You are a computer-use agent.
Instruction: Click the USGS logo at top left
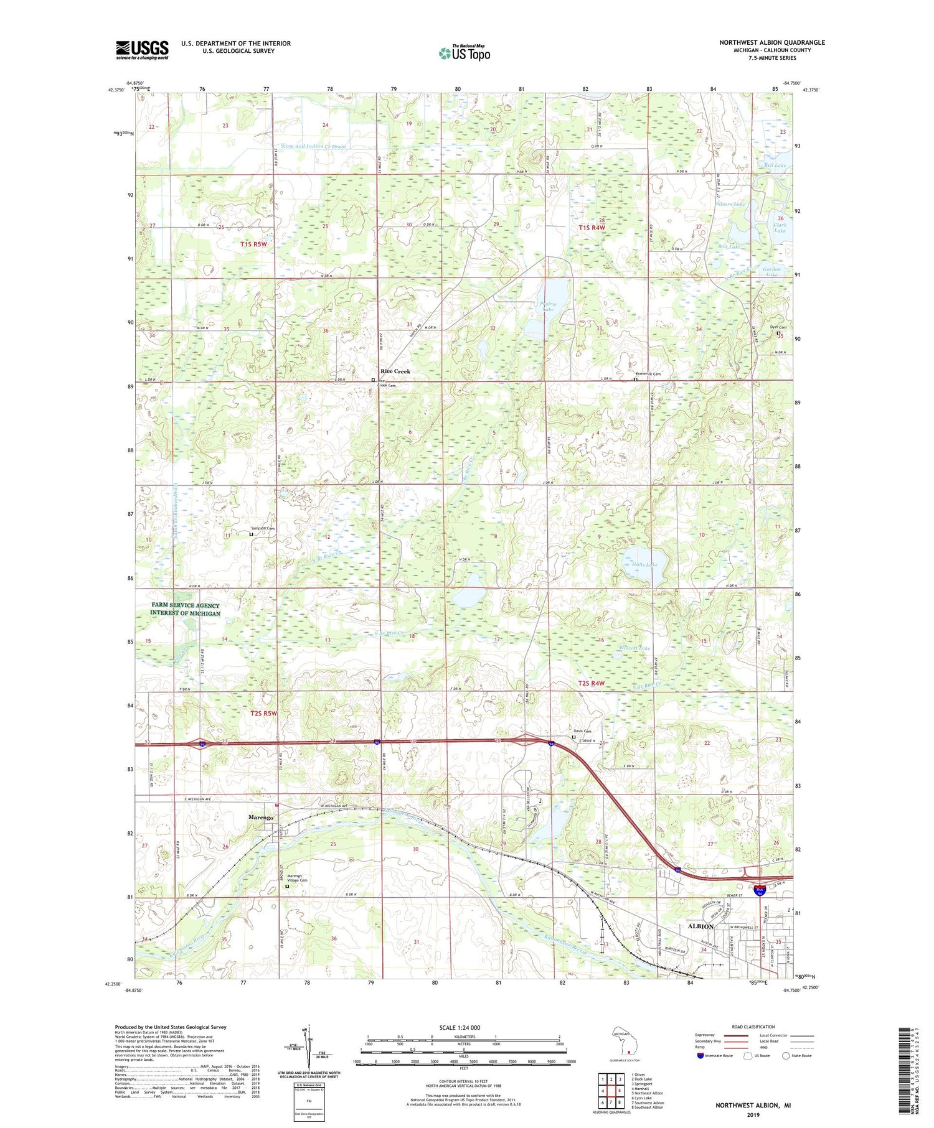pos(142,49)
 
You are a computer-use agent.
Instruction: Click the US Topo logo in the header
pos(464,54)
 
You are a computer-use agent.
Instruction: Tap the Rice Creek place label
pos(395,371)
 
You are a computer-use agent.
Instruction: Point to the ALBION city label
pos(700,926)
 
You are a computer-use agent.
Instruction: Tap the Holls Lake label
pos(644,565)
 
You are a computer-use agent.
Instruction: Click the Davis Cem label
pos(582,731)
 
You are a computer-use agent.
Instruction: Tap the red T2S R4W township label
pos(591,683)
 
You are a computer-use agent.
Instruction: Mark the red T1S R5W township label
pos(253,245)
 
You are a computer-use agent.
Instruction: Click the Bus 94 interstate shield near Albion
pos(759,892)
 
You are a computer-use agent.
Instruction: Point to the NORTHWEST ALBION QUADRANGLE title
pos(772,42)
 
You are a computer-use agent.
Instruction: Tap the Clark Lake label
pos(780,228)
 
